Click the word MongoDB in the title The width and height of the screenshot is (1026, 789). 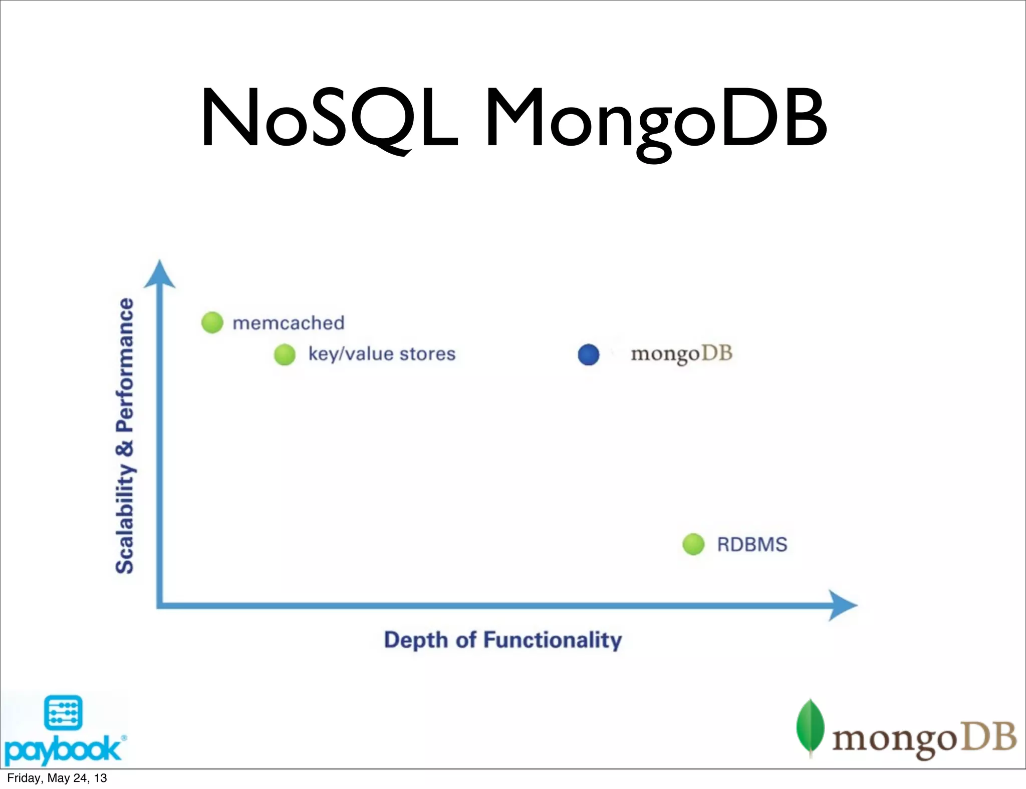coord(655,120)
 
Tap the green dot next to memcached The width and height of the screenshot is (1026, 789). coord(212,322)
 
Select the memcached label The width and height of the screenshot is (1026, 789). coord(289,323)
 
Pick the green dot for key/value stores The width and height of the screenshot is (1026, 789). coord(285,354)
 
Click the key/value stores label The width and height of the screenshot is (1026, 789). coord(382,354)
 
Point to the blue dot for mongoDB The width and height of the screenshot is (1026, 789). coord(589,354)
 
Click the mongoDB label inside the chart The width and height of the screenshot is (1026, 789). coord(681,354)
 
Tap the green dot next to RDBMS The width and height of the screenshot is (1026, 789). coord(693,544)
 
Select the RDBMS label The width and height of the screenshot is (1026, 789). coord(752,544)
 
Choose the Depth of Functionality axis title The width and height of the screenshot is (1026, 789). coord(502,640)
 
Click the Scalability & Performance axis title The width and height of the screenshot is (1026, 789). coord(125,436)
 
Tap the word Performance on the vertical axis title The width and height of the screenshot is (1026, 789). coord(125,365)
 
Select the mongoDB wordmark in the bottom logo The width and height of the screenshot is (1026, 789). coord(924,739)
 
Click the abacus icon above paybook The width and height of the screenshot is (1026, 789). coord(63,712)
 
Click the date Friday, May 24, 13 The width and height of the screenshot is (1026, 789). coord(57,778)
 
